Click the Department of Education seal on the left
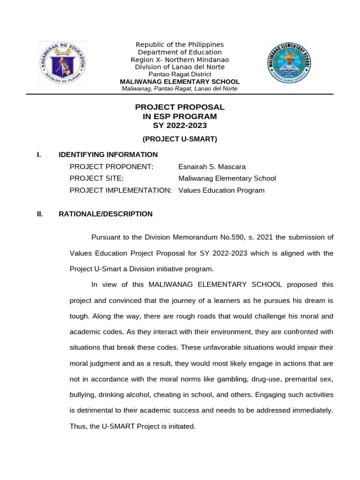[x=62, y=63]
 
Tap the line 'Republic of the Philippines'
[x=180, y=45]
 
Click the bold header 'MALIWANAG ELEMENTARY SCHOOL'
[x=180, y=82]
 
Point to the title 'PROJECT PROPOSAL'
[x=180, y=107]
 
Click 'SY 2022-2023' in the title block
[x=180, y=126]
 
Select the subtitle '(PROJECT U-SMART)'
[x=180, y=139]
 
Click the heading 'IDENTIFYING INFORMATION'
[x=108, y=155]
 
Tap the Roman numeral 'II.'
[x=40, y=214]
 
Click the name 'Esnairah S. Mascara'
[x=212, y=167]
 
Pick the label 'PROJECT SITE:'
[x=97, y=179]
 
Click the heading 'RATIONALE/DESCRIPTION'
[x=105, y=214]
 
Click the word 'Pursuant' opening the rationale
[x=106, y=237]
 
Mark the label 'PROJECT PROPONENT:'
[x=111, y=167]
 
